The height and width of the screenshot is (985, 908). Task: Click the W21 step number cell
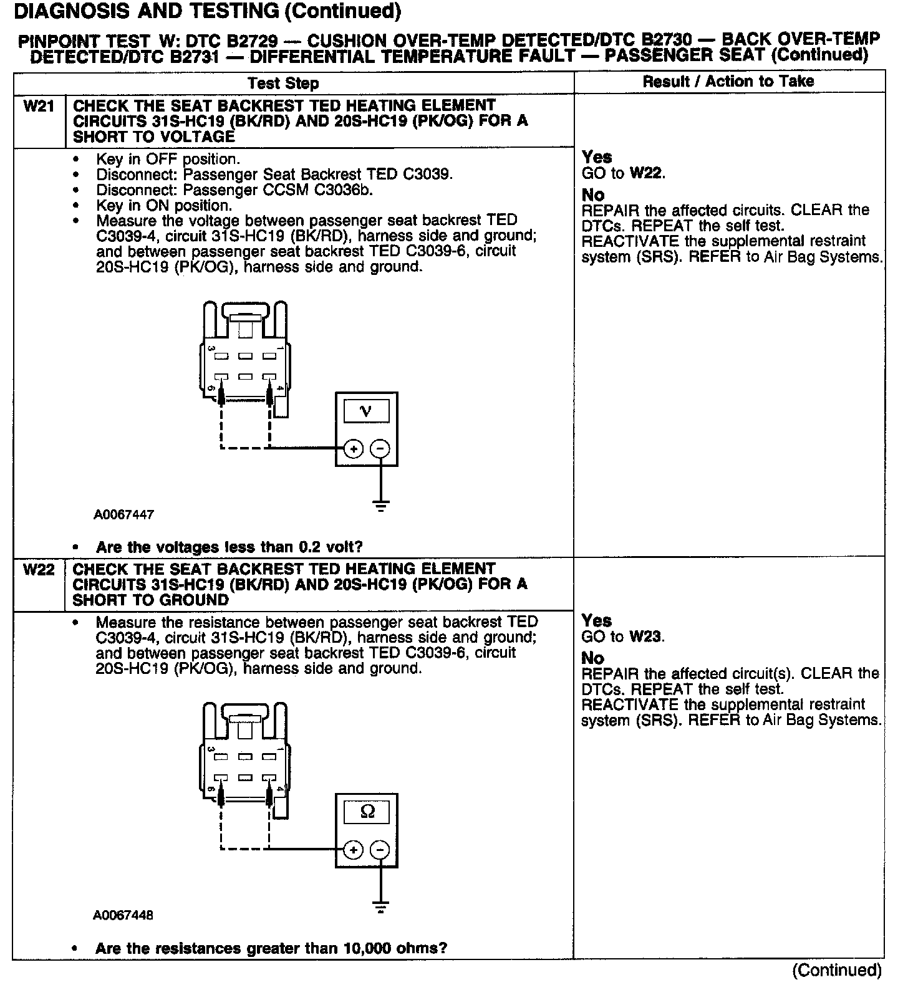pos(39,106)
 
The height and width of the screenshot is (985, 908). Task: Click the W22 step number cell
pos(39,570)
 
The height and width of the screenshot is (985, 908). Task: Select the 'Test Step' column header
pos(283,84)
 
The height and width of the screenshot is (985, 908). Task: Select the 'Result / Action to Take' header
pos(728,82)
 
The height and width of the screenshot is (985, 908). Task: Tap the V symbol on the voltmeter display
pos(366,411)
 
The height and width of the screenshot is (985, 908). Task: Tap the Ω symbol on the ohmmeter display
pos(367,812)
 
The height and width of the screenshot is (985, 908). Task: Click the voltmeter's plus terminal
pos(354,449)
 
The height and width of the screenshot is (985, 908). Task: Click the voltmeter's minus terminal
pos(380,449)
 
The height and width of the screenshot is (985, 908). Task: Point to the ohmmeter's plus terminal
pos(354,850)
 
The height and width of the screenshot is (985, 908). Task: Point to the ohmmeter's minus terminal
pos(380,850)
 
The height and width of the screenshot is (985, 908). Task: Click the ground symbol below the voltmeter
pos(380,505)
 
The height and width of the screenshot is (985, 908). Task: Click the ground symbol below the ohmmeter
pos(380,906)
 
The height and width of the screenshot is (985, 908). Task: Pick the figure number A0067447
pos(124,515)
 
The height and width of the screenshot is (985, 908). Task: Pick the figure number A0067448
pos(123,915)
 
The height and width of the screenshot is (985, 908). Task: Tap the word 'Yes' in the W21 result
pos(597,157)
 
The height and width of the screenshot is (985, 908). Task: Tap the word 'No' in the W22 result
pos(592,658)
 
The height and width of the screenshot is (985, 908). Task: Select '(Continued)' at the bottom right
pos(837,970)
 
